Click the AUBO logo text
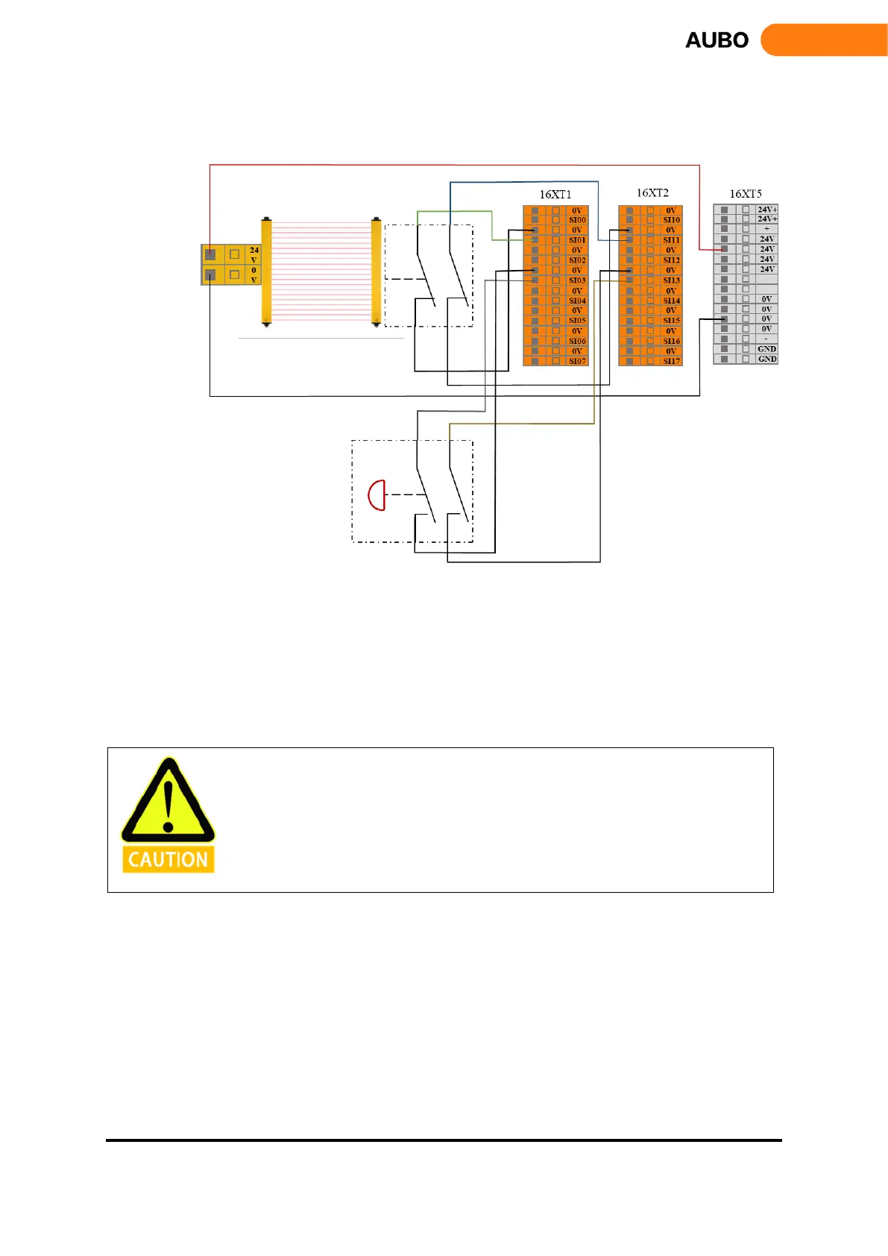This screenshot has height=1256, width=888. pos(717,40)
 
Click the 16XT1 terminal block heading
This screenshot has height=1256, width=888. pos(555,195)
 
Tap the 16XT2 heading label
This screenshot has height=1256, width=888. pos(652,193)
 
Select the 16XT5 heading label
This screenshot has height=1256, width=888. pos(746,194)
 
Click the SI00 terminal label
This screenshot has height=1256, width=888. pos(577,220)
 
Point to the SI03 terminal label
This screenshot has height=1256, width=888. pos(577,280)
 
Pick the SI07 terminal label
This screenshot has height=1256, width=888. pos(577,361)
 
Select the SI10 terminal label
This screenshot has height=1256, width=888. pos(672,220)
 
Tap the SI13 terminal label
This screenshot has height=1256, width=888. pos(672,280)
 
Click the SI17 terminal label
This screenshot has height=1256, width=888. pos(672,361)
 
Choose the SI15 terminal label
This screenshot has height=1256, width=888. pos(672,321)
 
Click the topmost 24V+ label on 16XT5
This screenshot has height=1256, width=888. pos(767,210)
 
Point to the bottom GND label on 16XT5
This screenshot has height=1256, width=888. pos(767,359)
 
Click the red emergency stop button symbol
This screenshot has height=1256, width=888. pos(377,494)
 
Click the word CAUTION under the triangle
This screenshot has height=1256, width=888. pos(169,860)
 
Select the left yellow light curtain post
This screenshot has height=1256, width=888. pos(266,272)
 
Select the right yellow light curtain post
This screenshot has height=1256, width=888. pos(376,272)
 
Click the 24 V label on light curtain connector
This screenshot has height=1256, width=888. pos(254,254)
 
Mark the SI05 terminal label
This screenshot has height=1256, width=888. pos(577,321)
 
